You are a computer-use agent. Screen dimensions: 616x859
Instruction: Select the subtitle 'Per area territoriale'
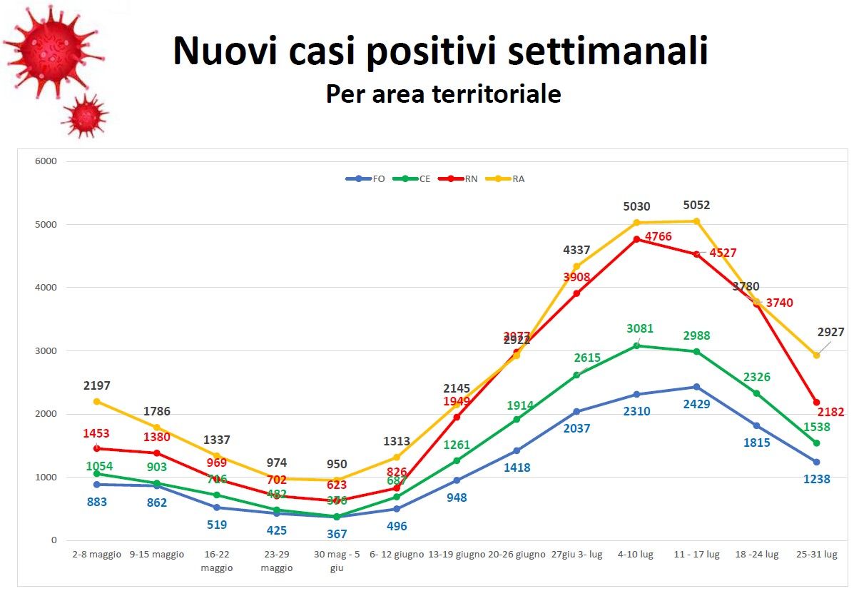(443, 94)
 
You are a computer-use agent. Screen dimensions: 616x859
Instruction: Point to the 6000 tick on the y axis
(46, 161)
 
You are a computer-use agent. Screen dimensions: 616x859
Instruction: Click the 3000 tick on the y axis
(46, 351)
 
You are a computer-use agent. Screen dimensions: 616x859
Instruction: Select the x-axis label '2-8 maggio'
(97, 555)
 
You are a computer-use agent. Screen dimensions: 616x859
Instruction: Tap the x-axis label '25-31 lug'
(817, 555)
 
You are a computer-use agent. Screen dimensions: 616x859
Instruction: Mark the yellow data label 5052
(696, 206)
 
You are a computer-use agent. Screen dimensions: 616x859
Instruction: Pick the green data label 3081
(640, 329)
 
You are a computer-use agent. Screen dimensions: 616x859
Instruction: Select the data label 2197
(97, 386)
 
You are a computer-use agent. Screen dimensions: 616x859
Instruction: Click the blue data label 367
(337, 533)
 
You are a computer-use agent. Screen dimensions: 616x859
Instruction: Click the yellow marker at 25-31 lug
(817, 355)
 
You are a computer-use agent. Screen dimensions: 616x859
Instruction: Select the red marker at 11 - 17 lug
(697, 253)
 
